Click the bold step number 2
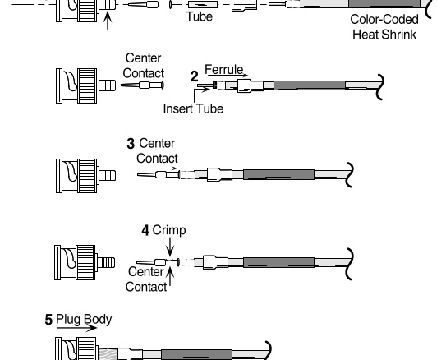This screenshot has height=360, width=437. [194, 76]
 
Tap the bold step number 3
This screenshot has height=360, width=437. [131, 144]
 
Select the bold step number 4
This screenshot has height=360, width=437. [145, 231]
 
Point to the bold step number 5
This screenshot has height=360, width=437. [48, 320]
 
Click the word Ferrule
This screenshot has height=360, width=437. [224, 69]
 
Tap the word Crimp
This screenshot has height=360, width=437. [169, 231]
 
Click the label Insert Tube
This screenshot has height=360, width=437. [193, 108]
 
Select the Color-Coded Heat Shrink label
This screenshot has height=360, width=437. [384, 27]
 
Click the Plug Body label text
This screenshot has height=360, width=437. [84, 320]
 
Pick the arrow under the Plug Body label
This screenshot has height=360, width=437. [76, 328]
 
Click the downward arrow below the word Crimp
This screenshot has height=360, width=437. [170, 247]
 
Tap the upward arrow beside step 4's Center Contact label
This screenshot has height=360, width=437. [170, 276]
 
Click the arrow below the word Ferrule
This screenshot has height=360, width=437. [228, 76]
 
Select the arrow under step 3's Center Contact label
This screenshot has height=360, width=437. [157, 168]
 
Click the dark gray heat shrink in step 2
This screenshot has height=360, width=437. [310, 85]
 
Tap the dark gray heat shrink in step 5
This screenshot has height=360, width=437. [197, 354]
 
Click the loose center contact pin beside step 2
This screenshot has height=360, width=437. [142, 85]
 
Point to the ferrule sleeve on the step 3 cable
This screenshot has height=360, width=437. [220, 175]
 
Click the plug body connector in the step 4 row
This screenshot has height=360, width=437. [85, 263]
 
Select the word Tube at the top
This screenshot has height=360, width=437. [200, 16]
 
